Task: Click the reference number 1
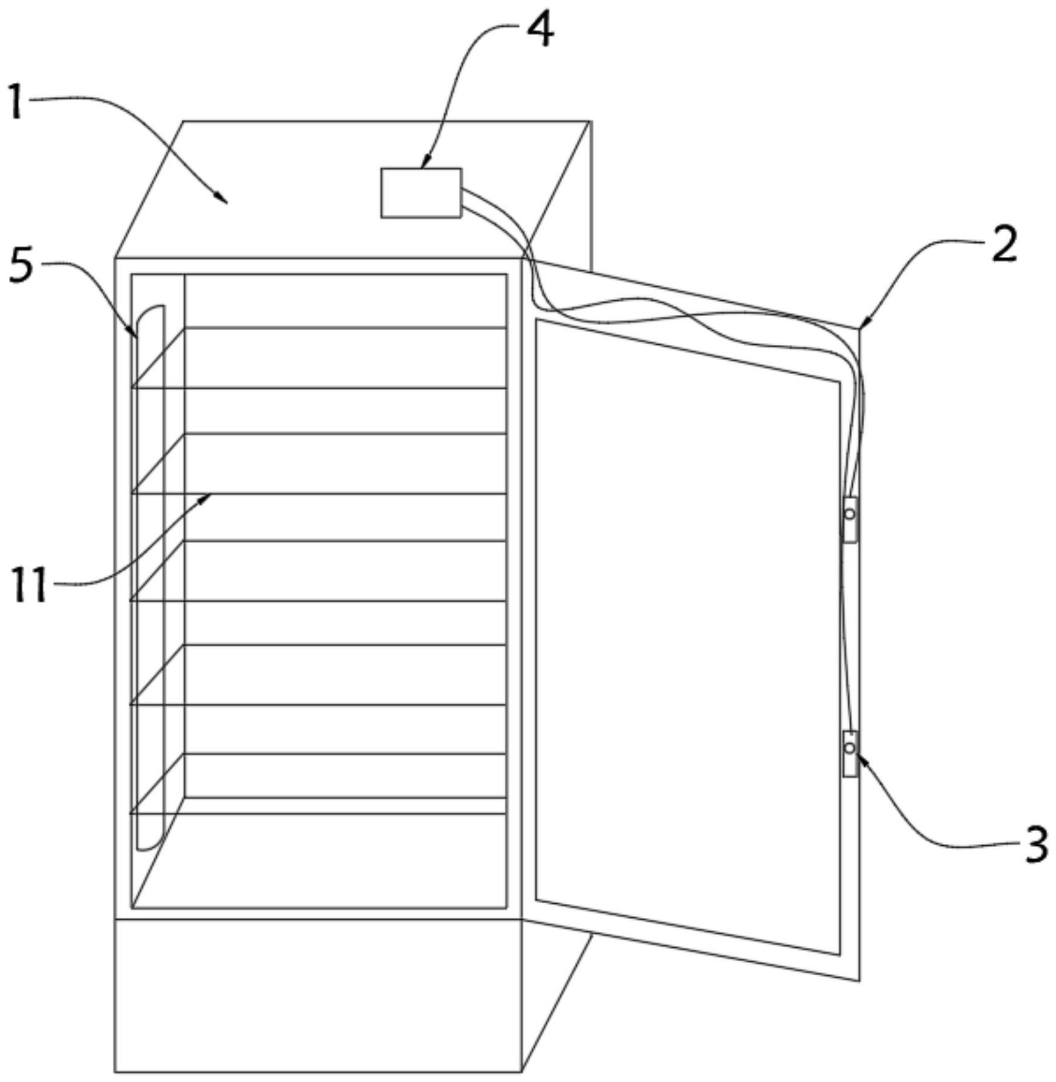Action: (x=16, y=101)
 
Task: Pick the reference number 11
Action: (x=29, y=585)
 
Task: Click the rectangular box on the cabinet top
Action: (x=421, y=193)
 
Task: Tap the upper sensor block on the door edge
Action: (x=850, y=519)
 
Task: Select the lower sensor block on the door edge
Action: (x=850, y=753)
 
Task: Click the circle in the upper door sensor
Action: (x=850, y=514)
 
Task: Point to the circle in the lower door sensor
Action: (x=850, y=748)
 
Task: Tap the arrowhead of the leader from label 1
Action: (x=225, y=200)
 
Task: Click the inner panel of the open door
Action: (x=687, y=635)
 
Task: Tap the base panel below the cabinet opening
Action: (x=317, y=995)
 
